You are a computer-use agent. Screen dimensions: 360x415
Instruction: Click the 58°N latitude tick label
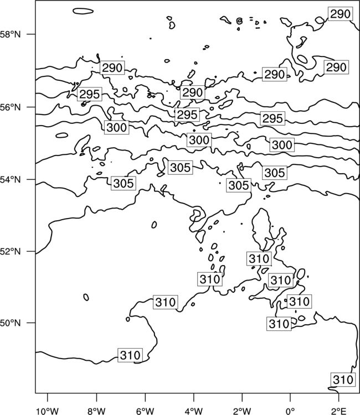tap(10, 34)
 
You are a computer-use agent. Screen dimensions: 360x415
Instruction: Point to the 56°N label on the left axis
tap(10, 107)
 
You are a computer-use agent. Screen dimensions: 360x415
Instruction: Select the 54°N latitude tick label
tap(10, 180)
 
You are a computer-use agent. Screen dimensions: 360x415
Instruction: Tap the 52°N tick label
tap(10, 251)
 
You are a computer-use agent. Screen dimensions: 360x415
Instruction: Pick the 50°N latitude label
tap(10, 323)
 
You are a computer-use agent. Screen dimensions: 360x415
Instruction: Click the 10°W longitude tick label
tap(48, 411)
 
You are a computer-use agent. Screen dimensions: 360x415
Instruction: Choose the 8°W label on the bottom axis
tap(96, 411)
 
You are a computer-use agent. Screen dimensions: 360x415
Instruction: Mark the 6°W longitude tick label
tap(145, 411)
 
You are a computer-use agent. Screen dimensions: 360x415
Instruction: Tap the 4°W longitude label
tap(194, 411)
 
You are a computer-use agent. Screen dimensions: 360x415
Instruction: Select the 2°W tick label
tap(242, 411)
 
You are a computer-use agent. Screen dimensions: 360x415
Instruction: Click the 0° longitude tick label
tap(290, 411)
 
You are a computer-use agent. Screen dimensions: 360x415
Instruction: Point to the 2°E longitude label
tap(339, 411)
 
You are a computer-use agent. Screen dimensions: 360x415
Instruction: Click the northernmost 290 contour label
tap(341, 14)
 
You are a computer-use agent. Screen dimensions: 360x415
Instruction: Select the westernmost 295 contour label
tap(90, 94)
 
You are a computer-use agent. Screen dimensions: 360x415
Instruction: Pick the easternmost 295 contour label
tap(272, 118)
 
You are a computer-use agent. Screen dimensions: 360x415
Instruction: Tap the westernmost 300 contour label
tap(116, 127)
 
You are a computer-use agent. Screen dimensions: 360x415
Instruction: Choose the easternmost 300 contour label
tap(282, 145)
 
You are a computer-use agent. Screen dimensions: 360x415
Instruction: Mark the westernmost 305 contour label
tap(124, 183)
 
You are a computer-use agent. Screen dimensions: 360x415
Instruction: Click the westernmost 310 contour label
tap(130, 355)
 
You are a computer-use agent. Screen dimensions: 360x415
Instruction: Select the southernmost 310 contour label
tap(343, 380)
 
